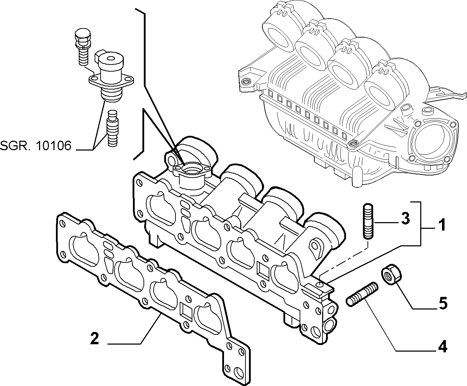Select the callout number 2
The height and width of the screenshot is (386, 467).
pos(95,338)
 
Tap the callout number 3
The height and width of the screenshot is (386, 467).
pos(405,218)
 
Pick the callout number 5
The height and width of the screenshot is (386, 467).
pos(442,303)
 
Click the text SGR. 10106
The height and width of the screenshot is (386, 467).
pos(36,146)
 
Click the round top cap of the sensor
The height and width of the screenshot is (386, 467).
pos(110,59)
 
